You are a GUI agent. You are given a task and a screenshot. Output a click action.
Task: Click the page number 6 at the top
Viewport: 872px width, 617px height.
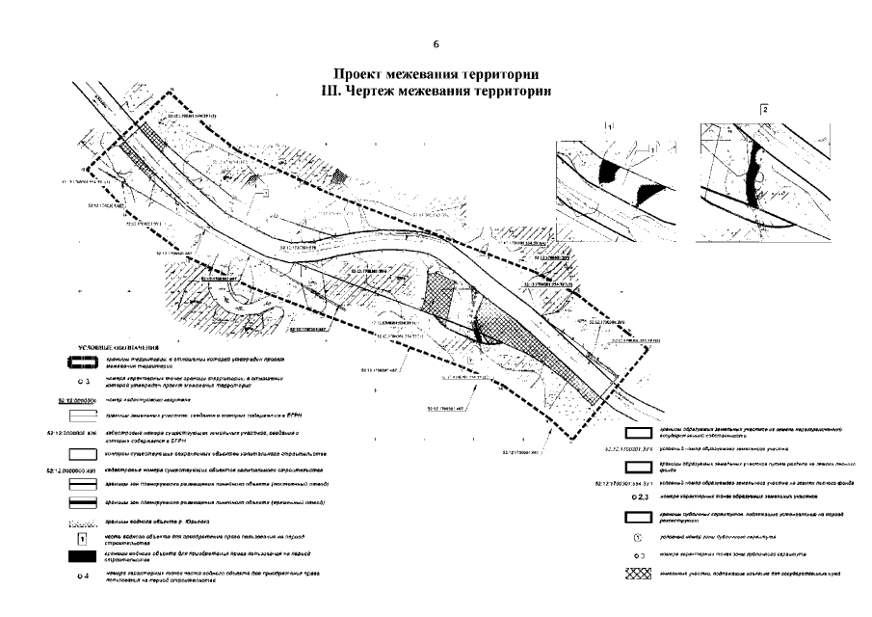(436, 44)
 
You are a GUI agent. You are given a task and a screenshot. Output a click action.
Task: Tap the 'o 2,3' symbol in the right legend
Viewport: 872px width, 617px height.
(636, 496)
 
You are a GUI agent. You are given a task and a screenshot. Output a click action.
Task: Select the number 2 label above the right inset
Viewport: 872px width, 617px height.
(763, 109)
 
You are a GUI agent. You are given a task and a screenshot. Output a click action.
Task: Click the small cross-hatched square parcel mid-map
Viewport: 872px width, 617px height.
(440, 288)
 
